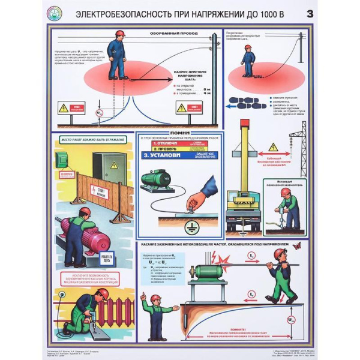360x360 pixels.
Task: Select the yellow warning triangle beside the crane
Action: [x=273, y=146]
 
